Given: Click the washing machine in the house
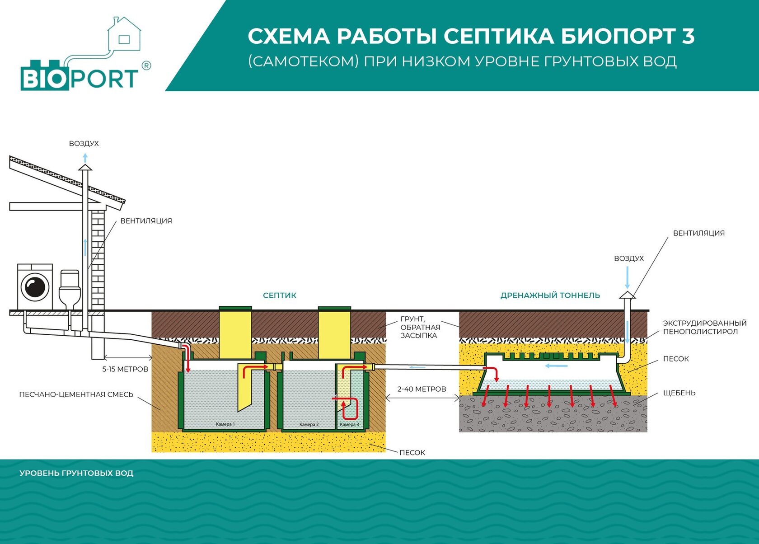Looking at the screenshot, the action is (x=35, y=287).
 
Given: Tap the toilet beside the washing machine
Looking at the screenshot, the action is (x=70, y=289).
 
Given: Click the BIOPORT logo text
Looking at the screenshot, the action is (x=80, y=79).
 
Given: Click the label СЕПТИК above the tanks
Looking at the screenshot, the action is (x=280, y=295).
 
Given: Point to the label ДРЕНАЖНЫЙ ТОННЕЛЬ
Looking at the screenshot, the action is (x=550, y=295).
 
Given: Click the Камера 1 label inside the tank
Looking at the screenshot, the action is (x=225, y=424).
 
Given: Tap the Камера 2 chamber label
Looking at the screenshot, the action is (x=309, y=424).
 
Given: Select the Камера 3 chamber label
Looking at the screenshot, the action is (x=349, y=424).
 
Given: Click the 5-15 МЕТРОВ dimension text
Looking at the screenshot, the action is (x=126, y=369).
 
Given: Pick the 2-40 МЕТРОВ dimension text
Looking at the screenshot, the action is (x=422, y=389).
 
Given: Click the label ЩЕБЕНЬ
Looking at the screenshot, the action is (x=679, y=393).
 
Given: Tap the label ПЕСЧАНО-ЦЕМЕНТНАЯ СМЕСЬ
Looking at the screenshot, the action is (x=76, y=394).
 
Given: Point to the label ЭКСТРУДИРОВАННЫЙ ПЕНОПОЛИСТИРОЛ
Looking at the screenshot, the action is (x=705, y=328).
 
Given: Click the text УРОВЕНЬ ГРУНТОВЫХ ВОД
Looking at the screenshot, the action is (x=76, y=473).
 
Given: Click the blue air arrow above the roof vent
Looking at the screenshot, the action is (x=85, y=158).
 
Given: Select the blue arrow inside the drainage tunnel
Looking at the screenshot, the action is (x=557, y=366).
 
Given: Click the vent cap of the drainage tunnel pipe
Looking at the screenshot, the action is (x=628, y=295).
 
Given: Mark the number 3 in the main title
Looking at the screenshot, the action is (x=688, y=36).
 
